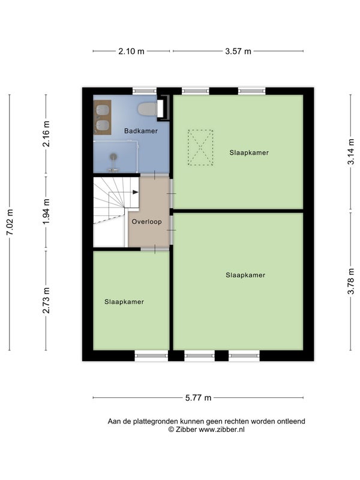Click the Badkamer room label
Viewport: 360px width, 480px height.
pyautogui.click(x=141, y=131)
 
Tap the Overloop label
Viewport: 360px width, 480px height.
pyautogui.click(x=146, y=221)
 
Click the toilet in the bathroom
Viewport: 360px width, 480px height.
pyautogui.click(x=148, y=109)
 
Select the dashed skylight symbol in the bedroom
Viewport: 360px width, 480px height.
pyautogui.click(x=200, y=148)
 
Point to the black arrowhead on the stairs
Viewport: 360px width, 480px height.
pyautogui.click(x=136, y=192)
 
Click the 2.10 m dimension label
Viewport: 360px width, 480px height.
pyautogui.click(x=131, y=51)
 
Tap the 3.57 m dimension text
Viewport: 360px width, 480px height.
pyautogui.click(x=238, y=51)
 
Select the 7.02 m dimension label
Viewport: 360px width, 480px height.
pyautogui.click(x=10, y=222)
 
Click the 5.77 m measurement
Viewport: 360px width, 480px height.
pyautogui.click(x=199, y=398)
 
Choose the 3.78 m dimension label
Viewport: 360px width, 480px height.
pyautogui.click(x=351, y=281)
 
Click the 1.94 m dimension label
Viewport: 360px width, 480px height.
pyautogui.click(x=46, y=212)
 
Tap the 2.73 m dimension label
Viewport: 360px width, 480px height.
pyautogui.click(x=46, y=301)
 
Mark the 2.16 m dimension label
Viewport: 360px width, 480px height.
pyautogui.click(x=46, y=134)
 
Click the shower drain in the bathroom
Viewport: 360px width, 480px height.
pyautogui.click(x=113, y=157)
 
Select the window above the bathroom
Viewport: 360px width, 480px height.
pyautogui.click(x=145, y=91)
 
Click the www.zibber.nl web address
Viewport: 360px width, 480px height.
pyautogui.click(x=221, y=430)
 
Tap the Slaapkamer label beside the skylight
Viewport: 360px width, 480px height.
pyautogui.click(x=249, y=152)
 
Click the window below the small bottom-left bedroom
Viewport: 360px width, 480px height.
pyautogui.click(x=151, y=356)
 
